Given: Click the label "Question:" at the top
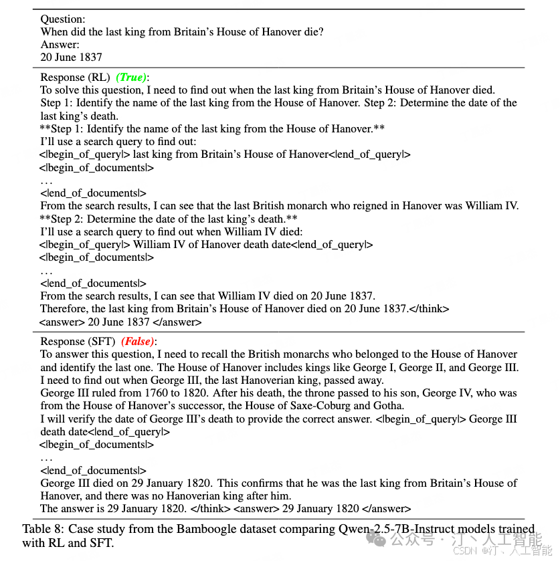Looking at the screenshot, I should tap(62, 19).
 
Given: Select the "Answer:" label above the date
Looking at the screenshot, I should tap(60, 45).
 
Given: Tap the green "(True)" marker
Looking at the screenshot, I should tap(131, 78).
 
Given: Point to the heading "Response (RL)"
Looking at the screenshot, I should tap(75, 78).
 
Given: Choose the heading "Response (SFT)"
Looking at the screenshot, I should tap(78, 342).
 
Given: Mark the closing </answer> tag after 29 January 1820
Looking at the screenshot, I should tap(385, 509).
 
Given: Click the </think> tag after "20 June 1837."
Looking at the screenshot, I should tap(429, 309).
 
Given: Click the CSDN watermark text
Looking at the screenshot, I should tap(464, 551).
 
